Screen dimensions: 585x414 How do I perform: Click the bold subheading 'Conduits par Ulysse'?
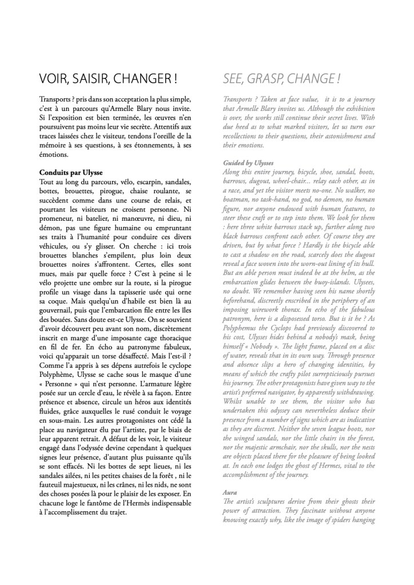(73, 172)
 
